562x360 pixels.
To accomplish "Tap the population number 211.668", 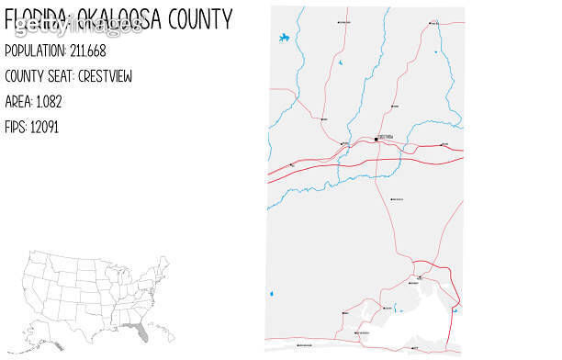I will pyautogui.click(x=88, y=51).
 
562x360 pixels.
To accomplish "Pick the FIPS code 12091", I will pyautogui.click(x=44, y=127).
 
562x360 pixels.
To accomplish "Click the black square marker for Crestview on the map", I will pyautogui.click(x=376, y=139).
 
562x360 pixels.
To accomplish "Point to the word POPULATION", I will pyautogui.click(x=35, y=51).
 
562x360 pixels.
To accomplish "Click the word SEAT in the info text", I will pyautogui.click(x=66, y=76).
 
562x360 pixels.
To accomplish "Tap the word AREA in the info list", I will pyautogui.click(x=19, y=101).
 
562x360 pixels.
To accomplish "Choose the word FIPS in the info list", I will pyautogui.click(x=16, y=127).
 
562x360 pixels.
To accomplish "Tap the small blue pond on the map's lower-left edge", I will pyautogui.click(x=272, y=294).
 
